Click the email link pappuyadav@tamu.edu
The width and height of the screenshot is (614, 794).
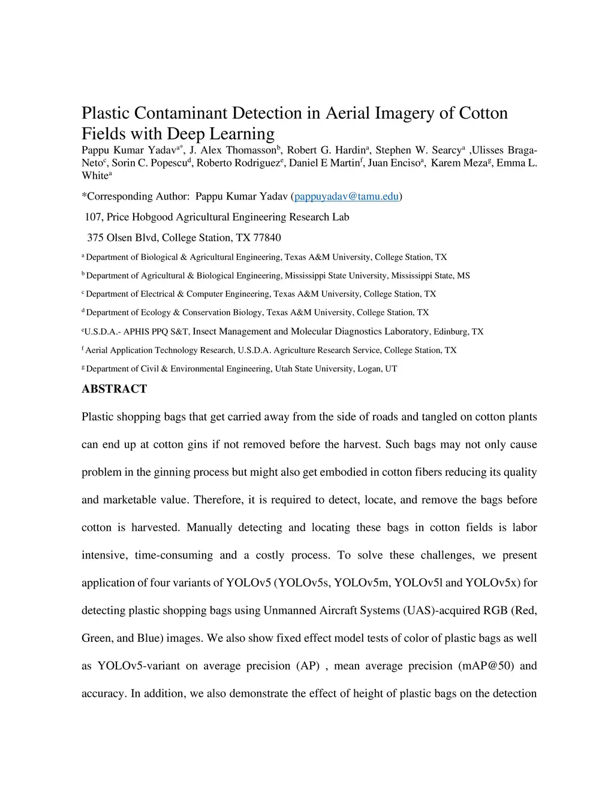346,197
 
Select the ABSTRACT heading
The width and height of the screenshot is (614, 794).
114,389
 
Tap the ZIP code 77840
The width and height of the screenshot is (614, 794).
267,238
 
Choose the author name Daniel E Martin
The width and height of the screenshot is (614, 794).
324,163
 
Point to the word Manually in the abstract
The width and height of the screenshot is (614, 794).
209,528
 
